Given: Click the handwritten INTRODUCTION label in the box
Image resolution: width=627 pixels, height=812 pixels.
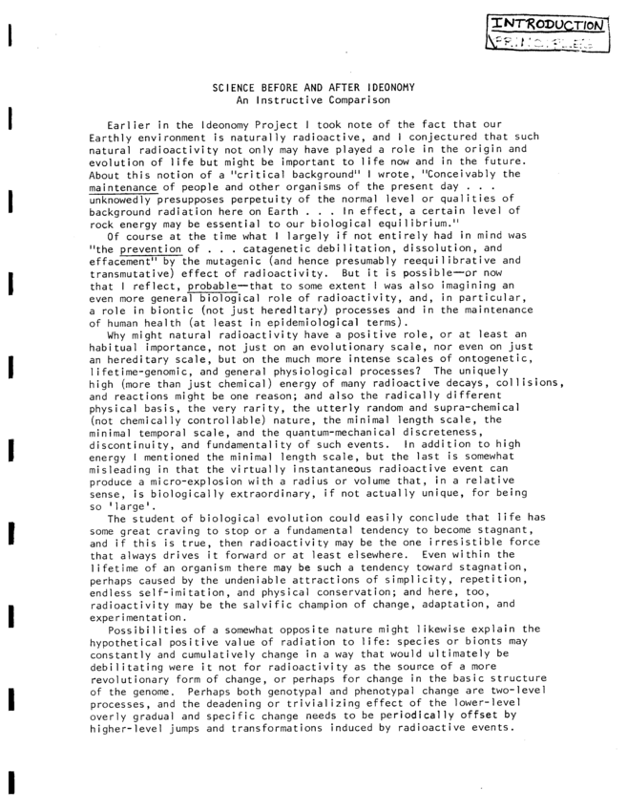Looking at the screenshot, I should (x=547, y=26).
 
